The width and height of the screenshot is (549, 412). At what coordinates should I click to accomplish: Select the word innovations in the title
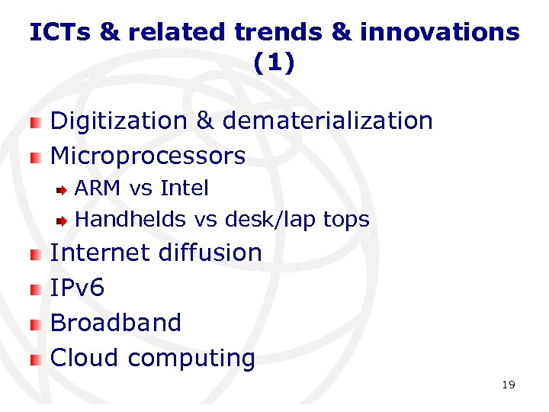point(439,33)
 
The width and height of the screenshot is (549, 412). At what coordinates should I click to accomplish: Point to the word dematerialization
point(327,121)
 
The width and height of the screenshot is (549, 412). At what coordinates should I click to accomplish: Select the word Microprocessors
point(147,156)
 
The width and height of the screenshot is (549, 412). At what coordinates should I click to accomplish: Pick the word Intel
point(184,188)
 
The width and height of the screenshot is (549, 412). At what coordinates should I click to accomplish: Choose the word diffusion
point(210,253)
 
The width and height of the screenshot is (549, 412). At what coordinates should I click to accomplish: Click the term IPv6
point(77,288)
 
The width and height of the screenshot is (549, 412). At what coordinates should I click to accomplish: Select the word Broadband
point(116,323)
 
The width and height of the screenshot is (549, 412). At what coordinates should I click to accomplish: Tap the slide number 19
point(509,385)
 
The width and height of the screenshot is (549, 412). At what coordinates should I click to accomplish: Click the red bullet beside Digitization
point(35,122)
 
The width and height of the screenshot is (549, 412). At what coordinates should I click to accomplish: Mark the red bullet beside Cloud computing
point(35,359)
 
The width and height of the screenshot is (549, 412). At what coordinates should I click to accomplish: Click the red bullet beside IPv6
point(35,288)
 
